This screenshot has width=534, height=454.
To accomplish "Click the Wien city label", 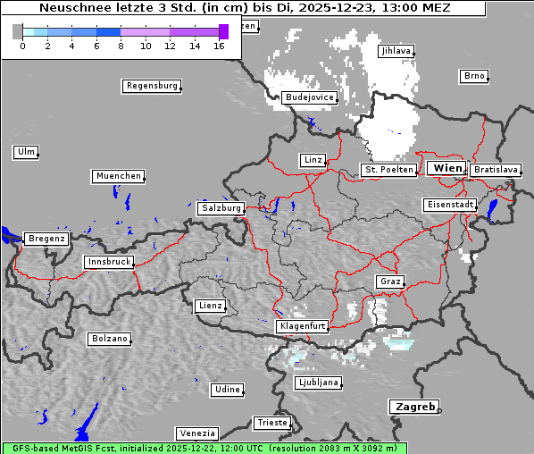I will click(446, 168).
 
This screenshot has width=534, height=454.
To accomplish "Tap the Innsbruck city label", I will click(108, 262).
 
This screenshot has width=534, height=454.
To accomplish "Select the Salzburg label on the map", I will click(221, 207).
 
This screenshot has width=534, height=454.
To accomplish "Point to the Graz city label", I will click(389, 282).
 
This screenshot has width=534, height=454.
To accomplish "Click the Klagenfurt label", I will click(302, 326).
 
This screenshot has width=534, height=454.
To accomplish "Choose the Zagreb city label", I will click(413, 407).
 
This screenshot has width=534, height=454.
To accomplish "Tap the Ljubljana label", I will click(317, 383).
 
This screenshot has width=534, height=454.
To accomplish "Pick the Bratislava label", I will click(496, 169).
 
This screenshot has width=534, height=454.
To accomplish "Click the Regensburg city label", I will click(151, 86).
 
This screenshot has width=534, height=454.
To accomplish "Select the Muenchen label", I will click(118, 176).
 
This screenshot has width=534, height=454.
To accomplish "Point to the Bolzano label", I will click(109, 339).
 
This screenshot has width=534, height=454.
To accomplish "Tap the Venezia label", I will click(196, 433).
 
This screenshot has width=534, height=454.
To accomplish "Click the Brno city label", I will click(474, 76).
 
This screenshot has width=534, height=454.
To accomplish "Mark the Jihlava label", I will click(396, 51).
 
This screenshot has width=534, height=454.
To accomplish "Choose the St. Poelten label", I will click(388, 169).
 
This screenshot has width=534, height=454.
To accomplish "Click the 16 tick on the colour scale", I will click(219, 46).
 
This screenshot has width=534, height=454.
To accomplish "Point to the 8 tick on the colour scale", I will click(121, 46).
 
